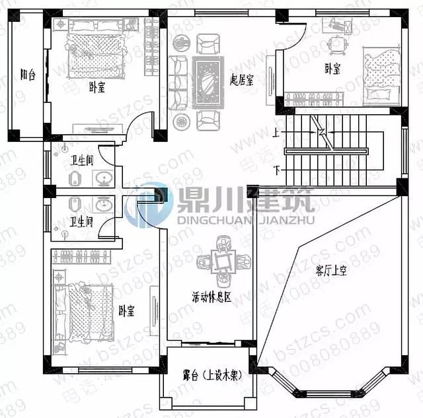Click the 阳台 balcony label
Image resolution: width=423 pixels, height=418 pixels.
click(27, 74)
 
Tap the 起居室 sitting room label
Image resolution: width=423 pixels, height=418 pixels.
click(242, 78)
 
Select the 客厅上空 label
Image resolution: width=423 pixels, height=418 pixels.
click(330, 269)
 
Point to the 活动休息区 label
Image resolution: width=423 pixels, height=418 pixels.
click(211, 298)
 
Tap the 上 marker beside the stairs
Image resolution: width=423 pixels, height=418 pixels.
click(276, 133)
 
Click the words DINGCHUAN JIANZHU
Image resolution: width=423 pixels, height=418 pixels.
click(246, 220)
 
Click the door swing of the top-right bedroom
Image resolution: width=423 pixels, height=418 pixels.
click(294, 36)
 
